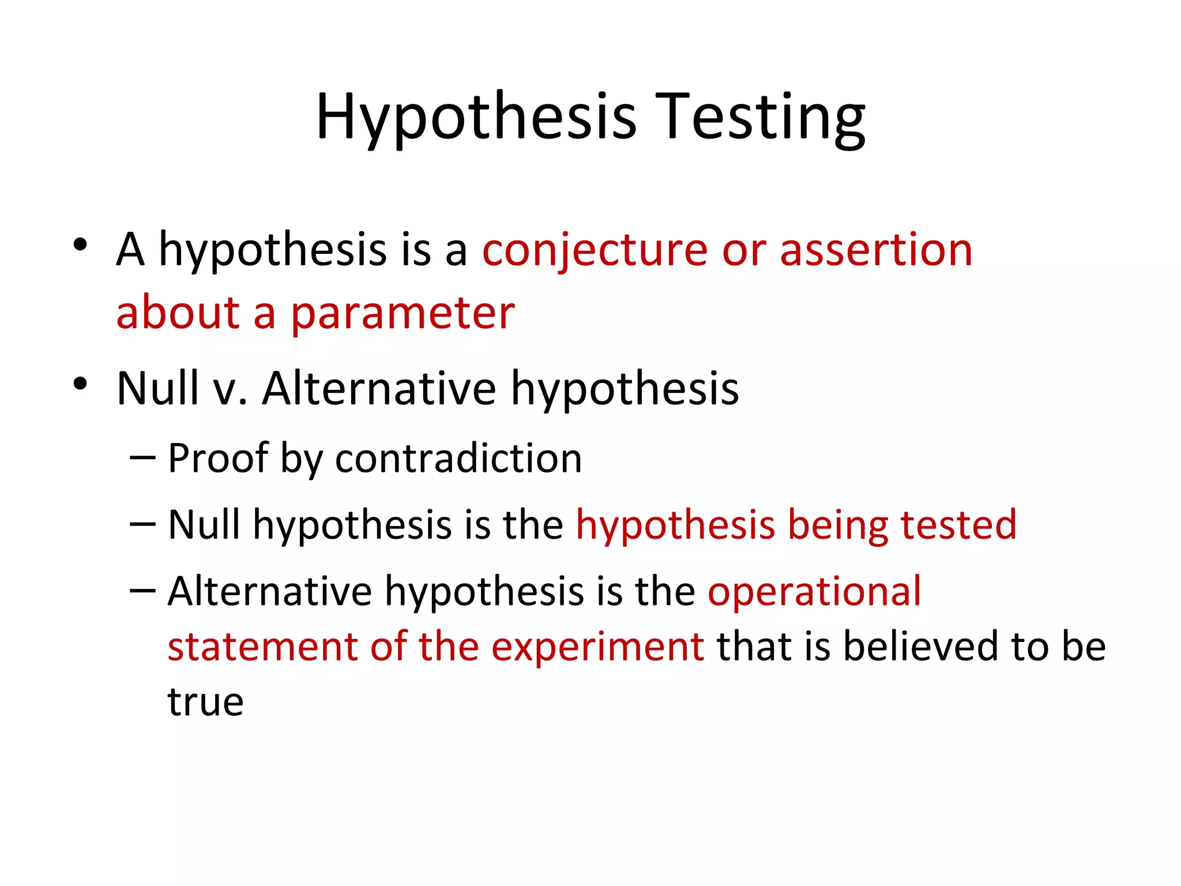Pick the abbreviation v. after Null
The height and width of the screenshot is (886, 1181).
click(x=230, y=389)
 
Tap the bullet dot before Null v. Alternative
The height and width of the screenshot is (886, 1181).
click(x=80, y=383)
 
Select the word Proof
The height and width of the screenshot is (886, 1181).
click(x=218, y=459)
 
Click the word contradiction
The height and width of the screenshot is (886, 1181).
click(x=458, y=459)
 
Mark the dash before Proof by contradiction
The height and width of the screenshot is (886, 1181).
click(x=142, y=457)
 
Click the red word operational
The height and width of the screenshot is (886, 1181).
click(x=814, y=591)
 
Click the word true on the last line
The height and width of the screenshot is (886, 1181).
click(x=205, y=702)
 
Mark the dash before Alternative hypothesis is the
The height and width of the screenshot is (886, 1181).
click(x=142, y=590)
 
